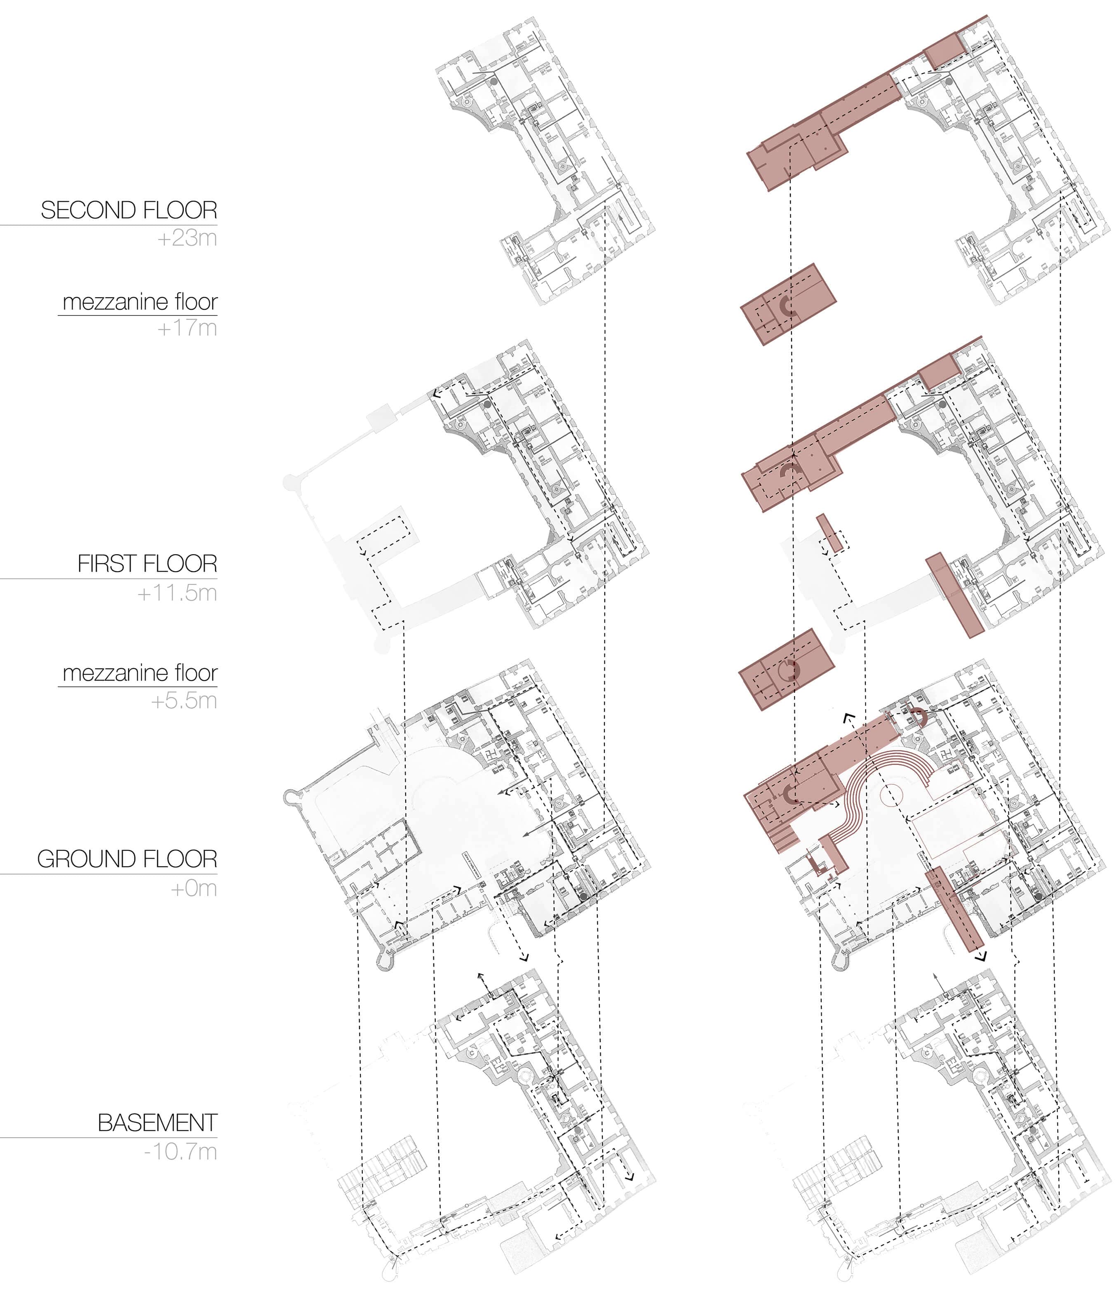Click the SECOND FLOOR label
pos(129,210)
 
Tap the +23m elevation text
pos(187,238)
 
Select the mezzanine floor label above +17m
pos(140,302)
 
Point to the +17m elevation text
pos(187,328)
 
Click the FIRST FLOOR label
pos(147,564)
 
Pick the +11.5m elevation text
pos(177,593)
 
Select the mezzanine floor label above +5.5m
pos(140,673)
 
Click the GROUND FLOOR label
pos(127,859)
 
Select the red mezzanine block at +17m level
pos(787,304)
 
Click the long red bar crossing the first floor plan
pos(954,595)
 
